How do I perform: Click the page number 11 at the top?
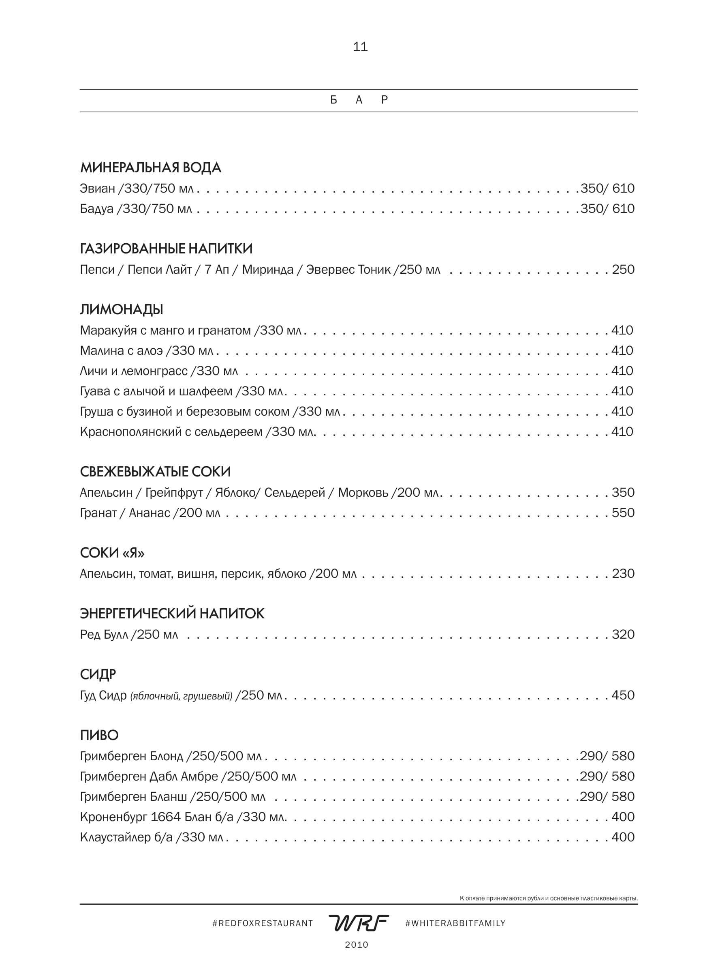point(360,47)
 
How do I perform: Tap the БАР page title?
point(359,100)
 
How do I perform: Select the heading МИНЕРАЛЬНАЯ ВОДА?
point(150,168)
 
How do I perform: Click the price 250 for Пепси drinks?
point(623,270)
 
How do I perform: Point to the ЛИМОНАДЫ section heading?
point(121,309)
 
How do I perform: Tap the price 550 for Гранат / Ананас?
point(623,513)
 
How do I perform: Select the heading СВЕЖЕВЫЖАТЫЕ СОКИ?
point(155,472)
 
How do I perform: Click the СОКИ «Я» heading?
point(112,553)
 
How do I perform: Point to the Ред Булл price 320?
point(623,635)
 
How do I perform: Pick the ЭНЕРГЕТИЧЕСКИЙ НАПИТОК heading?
point(172,614)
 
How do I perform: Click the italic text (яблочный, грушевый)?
point(181,696)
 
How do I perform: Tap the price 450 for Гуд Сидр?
point(623,695)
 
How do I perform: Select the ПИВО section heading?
point(99,735)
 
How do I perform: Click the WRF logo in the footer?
point(359,923)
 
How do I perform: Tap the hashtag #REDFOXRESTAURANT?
point(263,923)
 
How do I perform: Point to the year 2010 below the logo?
point(357,945)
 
